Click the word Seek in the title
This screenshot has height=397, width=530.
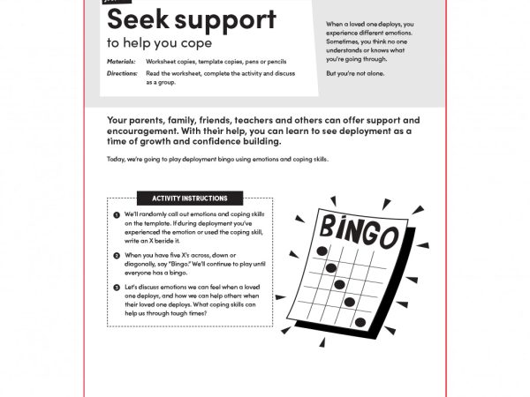coord(132,19)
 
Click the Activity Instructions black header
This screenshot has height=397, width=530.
coord(189,198)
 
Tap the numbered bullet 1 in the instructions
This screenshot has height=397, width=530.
coord(117,215)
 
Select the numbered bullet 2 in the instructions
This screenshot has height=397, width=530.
coord(117,255)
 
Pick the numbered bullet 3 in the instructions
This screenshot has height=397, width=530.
coord(117,288)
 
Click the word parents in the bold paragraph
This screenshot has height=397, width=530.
coord(147,120)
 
